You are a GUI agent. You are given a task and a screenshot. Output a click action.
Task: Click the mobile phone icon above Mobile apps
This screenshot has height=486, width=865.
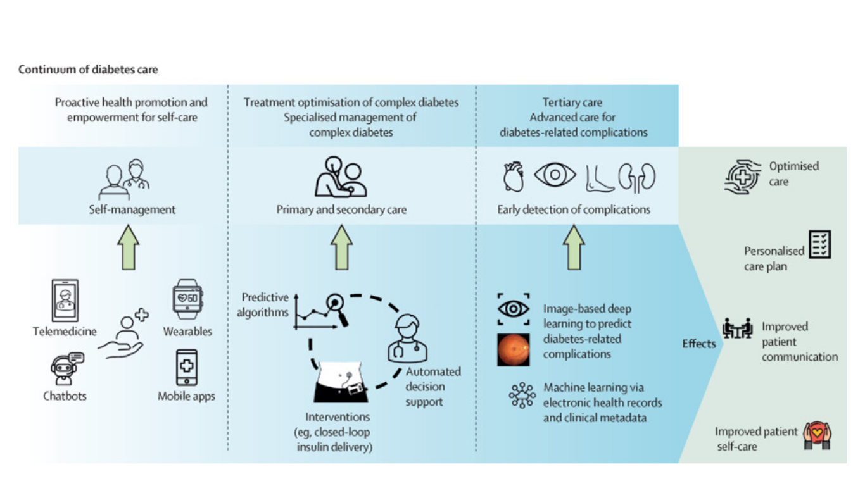[x=187, y=368]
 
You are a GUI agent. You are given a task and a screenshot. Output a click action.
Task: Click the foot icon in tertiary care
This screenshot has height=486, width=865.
[x=599, y=178]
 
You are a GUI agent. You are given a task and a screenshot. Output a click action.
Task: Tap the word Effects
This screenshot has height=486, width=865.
[x=698, y=344]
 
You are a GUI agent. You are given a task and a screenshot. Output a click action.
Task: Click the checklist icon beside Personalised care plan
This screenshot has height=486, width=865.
[x=820, y=244]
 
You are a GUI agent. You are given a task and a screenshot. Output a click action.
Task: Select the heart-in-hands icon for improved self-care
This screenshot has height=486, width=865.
[x=817, y=436]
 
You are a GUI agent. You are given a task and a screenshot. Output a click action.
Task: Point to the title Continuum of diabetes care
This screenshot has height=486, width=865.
[x=88, y=70]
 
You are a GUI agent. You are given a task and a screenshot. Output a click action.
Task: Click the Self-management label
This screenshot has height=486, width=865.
[x=132, y=209]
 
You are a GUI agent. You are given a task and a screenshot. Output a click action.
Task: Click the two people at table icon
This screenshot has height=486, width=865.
[x=737, y=328]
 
